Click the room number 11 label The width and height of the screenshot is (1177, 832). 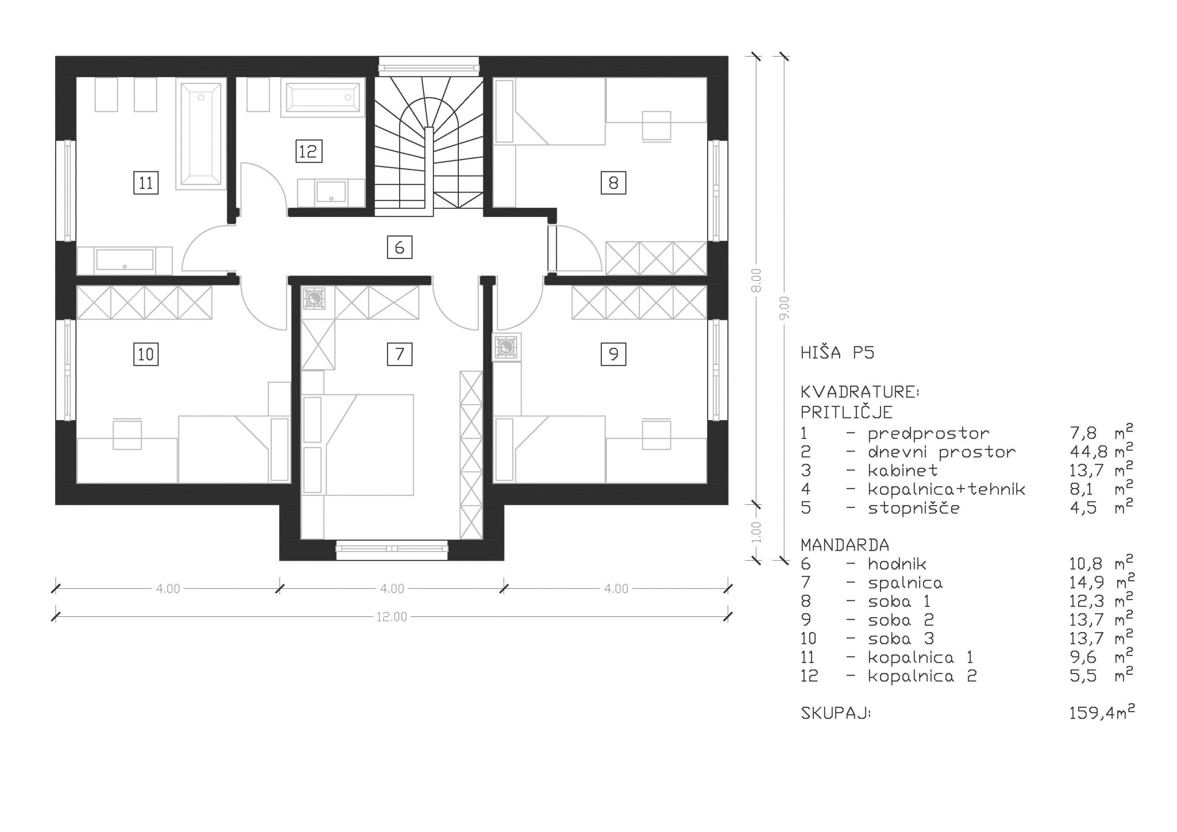[x=146, y=183]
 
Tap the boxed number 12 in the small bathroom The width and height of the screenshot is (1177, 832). [x=309, y=151]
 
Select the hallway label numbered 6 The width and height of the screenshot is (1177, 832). [x=400, y=248]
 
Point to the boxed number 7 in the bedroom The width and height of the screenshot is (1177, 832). [x=400, y=354]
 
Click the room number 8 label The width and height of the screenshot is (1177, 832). [x=613, y=183]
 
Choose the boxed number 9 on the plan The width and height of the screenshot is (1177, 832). [x=613, y=354]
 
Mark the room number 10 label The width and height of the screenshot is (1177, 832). [x=146, y=354]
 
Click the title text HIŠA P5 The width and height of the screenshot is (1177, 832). [x=837, y=353]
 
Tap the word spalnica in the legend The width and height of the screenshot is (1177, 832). [x=905, y=583]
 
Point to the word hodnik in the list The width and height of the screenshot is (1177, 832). [x=897, y=564]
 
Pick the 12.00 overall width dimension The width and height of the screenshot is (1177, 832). [x=392, y=617]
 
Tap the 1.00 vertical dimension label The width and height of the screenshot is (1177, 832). [x=756, y=532]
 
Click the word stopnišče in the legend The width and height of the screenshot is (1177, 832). [x=914, y=508]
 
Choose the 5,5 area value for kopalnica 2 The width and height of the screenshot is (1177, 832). [x=1083, y=676]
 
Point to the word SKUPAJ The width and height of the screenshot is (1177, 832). [x=835, y=713]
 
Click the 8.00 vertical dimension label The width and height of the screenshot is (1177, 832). [x=756, y=280]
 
